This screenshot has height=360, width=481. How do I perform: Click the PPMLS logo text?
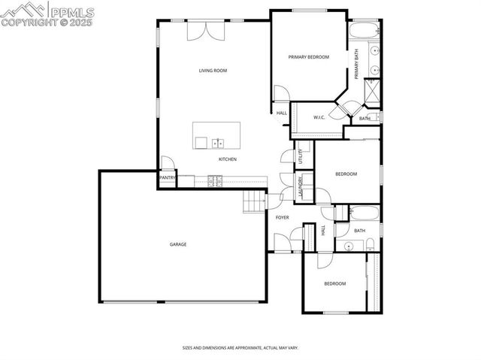pos(74,10)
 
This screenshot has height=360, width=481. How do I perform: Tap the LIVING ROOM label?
pos(213,71)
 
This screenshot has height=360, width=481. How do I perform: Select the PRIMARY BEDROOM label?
pos(309,57)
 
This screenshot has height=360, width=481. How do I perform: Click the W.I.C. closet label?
pos(319,117)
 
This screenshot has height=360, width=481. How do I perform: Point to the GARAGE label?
pos(177,244)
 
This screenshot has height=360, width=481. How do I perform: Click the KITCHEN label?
pos(228,159)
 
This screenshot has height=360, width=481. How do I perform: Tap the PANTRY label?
pos(167,178)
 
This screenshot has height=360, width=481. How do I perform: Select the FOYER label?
pos(282,217)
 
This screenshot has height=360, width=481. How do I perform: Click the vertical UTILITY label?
pos(300,156)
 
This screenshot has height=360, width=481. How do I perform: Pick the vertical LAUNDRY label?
pos(301,188)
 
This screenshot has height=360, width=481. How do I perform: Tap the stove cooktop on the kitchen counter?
pos(216,180)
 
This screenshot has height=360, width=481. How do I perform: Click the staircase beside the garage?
pos(255,201)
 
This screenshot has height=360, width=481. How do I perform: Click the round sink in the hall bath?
pos(349,247)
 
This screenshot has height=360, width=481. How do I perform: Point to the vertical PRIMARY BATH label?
pos(357,65)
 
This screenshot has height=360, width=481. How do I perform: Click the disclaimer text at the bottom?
pos(240,347)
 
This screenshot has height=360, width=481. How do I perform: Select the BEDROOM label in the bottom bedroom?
pos(334,283)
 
